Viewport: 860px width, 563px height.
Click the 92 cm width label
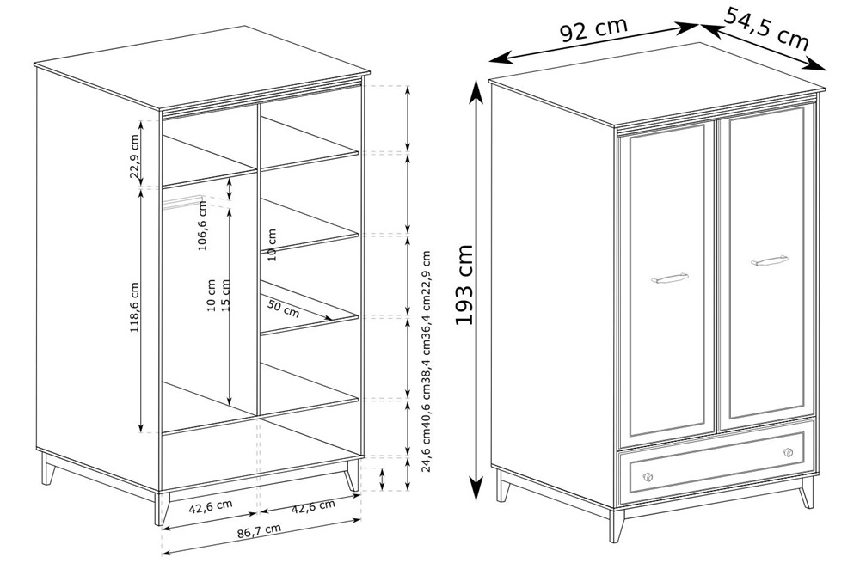(x=593, y=31)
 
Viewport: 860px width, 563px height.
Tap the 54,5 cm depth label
(x=767, y=28)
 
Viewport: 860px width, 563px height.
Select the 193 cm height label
(x=464, y=285)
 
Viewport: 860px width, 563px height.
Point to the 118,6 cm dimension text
(x=135, y=307)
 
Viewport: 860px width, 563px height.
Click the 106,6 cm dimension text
(x=202, y=225)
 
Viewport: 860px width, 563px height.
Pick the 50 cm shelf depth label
(x=283, y=309)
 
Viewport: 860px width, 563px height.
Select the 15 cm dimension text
(x=224, y=296)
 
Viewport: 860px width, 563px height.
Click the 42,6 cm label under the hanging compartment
(x=211, y=507)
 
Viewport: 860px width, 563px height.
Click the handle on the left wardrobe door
(x=670, y=279)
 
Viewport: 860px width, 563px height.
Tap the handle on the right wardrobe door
(x=770, y=261)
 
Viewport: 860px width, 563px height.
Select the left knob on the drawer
(x=648, y=477)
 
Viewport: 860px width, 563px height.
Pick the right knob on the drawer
(x=788, y=452)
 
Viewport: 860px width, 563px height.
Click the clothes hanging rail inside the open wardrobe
(x=183, y=201)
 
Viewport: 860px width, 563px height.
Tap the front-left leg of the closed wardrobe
(x=617, y=526)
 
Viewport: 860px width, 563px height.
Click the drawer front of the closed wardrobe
(x=716, y=462)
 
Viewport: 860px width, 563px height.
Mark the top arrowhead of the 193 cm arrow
(x=477, y=90)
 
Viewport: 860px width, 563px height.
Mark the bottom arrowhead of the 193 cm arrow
(x=477, y=488)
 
